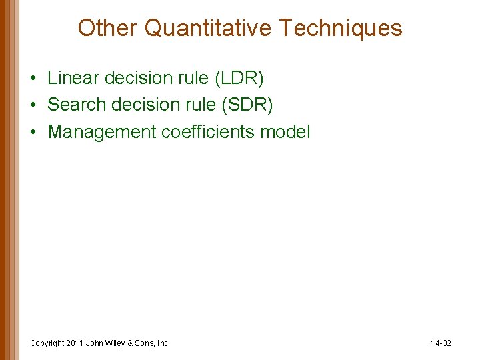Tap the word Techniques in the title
341,28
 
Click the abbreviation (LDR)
239,78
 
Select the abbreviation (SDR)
248,105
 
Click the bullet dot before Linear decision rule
33,79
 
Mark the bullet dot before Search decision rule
33,105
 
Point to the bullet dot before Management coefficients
33,133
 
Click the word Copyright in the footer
47,343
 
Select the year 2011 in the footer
75,343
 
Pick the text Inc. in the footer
163,343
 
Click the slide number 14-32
441,343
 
